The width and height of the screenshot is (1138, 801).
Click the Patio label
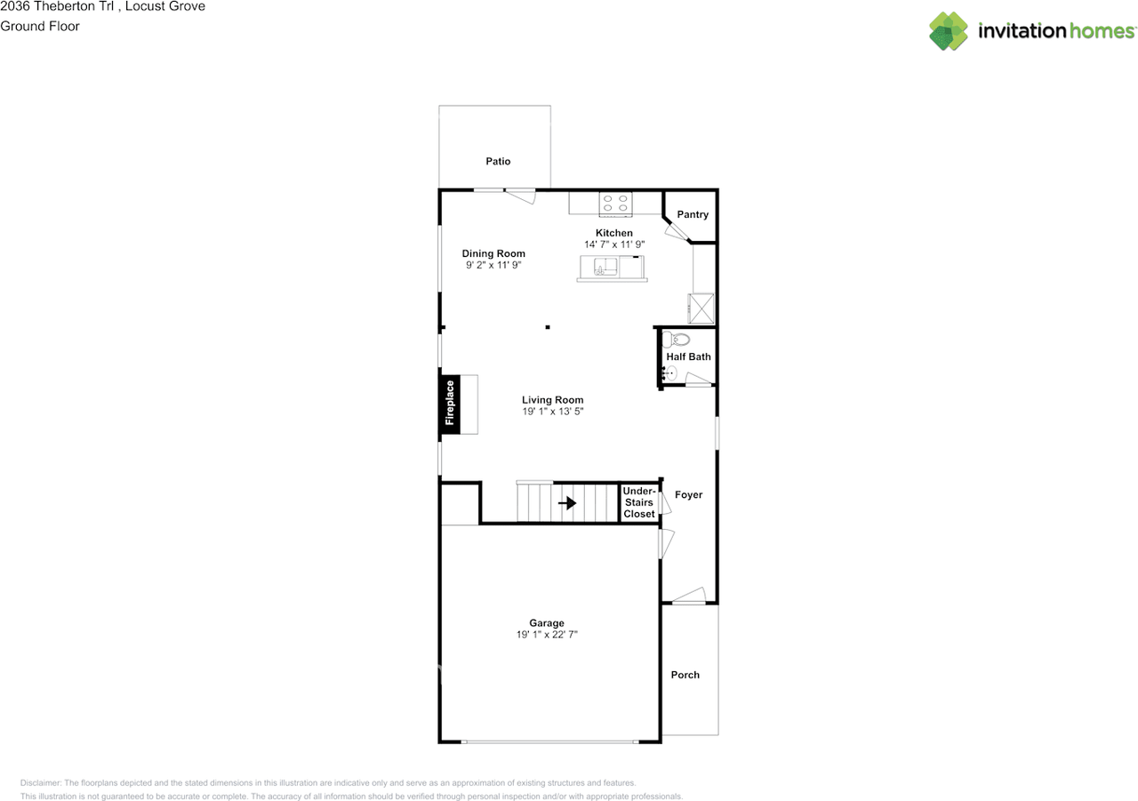(x=498, y=161)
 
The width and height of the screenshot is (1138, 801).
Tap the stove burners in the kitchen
(x=614, y=204)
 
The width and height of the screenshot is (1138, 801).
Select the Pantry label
(x=693, y=214)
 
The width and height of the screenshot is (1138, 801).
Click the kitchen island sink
(x=605, y=268)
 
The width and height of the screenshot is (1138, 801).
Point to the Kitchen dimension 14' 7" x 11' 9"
(x=613, y=244)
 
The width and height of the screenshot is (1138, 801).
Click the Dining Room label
(x=493, y=253)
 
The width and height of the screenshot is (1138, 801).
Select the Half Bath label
(x=688, y=356)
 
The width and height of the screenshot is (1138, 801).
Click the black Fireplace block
(x=449, y=405)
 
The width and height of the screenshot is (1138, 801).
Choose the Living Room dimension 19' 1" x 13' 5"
(x=552, y=412)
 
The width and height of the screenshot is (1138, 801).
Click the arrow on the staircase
(x=566, y=502)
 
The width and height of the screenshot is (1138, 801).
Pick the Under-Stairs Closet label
(x=638, y=502)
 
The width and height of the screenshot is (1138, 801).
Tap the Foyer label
(x=688, y=494)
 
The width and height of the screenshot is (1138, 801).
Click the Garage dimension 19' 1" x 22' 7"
(x=548, y=635)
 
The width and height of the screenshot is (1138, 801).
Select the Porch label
(x=685, y=675)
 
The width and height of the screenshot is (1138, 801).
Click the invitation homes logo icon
(x=949, y=31)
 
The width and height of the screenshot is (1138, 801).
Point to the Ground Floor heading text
(x=40, y=26)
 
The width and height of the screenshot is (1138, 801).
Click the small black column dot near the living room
(x=548, y=327)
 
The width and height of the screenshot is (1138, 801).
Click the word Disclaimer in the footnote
(x=42, y=783)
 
